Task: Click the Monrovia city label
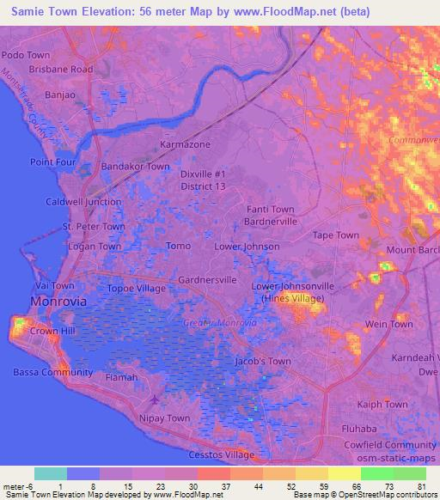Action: coord(58,302)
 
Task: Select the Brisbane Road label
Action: coord(60,69)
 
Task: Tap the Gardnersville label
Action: coord(207,280)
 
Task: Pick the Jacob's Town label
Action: coord(262,362)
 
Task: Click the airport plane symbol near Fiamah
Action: coord(155,399)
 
